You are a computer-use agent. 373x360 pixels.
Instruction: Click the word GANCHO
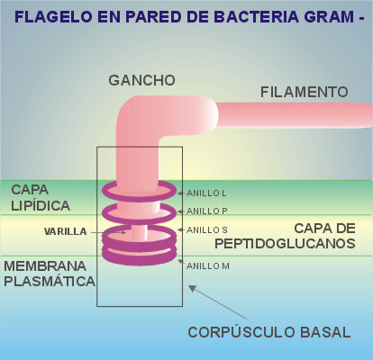141,80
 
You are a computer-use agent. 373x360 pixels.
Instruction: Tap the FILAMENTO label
304,92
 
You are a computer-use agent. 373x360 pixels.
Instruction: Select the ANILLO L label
206,193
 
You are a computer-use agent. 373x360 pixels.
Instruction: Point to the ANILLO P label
206,211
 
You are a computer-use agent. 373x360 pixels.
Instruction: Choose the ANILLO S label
206,230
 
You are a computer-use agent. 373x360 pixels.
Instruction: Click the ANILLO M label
208,266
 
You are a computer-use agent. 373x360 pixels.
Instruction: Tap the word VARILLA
66,231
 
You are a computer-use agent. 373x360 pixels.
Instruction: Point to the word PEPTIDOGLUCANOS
285,244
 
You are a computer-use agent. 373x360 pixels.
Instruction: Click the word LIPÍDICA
41,206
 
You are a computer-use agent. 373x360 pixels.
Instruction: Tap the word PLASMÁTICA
50,282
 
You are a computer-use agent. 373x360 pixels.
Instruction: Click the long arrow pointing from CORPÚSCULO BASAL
218,302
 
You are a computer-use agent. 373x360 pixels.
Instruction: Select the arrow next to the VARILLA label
108,232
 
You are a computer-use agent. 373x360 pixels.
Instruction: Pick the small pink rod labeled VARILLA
139,233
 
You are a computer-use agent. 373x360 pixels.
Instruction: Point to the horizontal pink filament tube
296,115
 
